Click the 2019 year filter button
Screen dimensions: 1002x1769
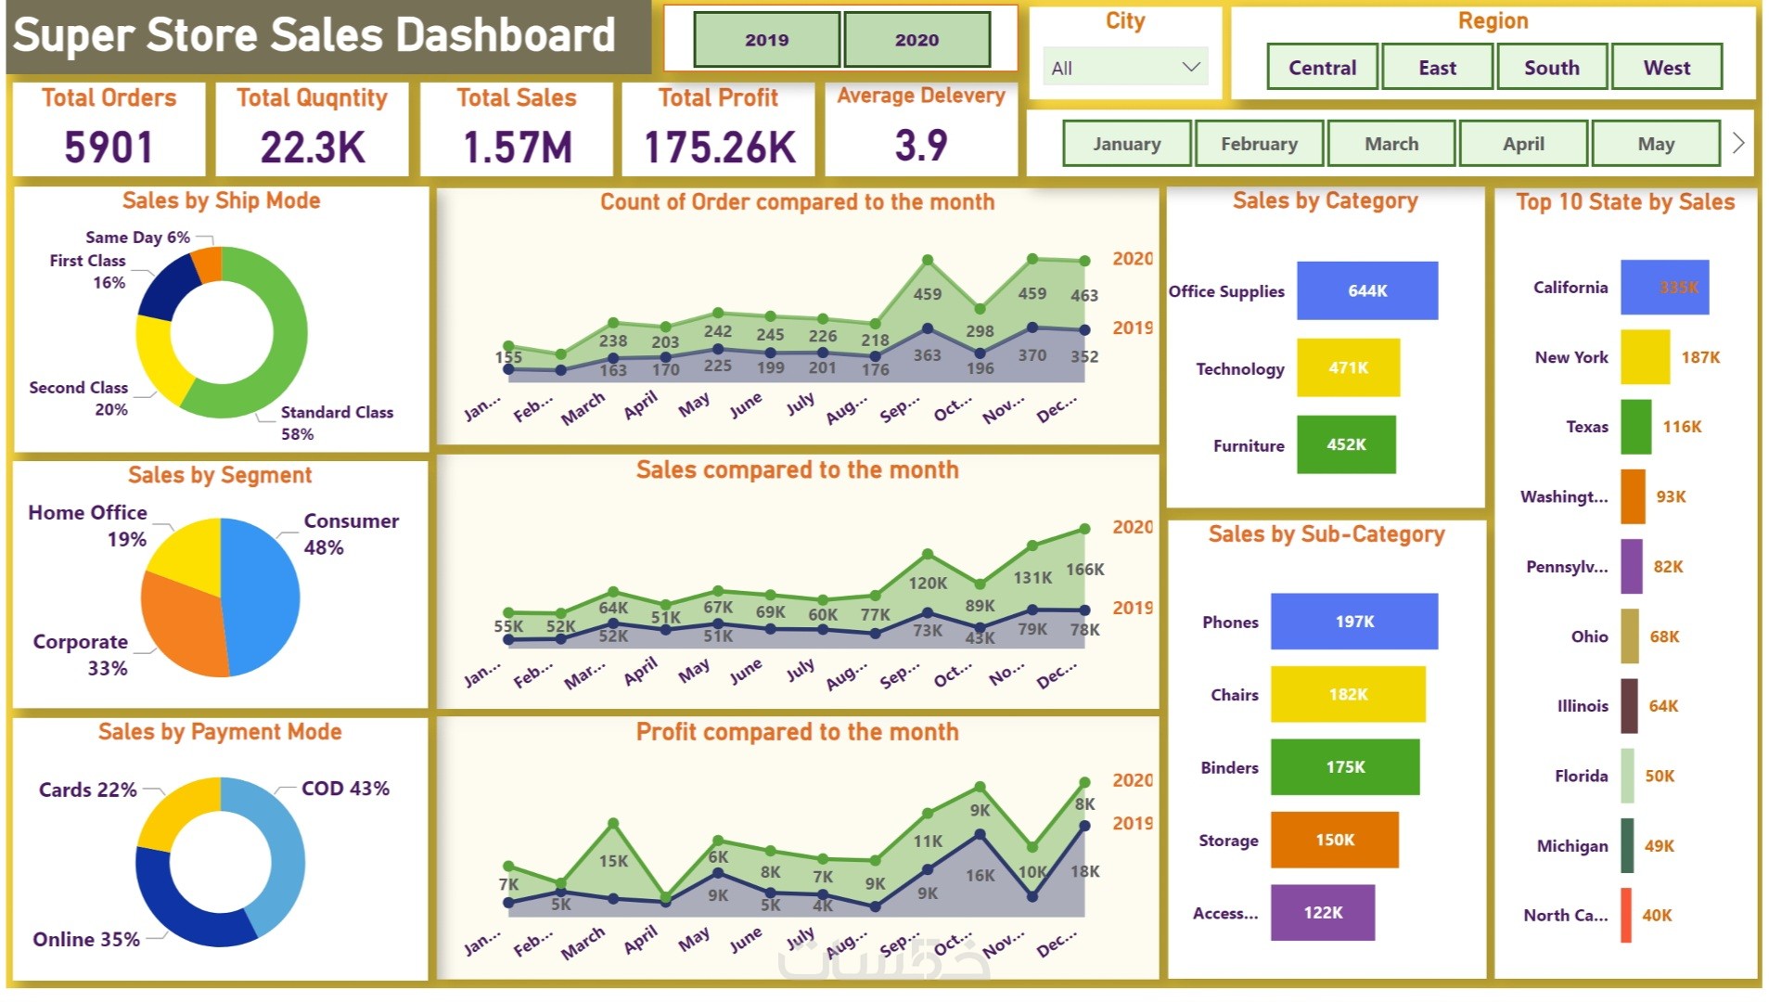766,40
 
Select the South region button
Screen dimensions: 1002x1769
1551,68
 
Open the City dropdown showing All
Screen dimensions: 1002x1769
1124,68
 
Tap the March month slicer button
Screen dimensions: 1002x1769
1391,144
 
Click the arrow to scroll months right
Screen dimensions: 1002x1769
1738,143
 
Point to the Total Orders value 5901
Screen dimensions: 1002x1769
109,147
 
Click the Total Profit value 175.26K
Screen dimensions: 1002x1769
719,147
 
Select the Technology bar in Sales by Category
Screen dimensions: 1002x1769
1348,367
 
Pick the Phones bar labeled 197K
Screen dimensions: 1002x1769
1353,621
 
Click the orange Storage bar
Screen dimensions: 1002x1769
1334,840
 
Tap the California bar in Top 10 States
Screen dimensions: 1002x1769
1664,288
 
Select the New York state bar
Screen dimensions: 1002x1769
1645,357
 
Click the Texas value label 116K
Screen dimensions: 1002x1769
1682,427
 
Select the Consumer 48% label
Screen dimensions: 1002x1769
351,533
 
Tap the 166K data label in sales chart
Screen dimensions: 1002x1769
1084,569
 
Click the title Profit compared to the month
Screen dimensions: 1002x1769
797,732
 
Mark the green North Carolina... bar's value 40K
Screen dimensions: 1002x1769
1657,915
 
